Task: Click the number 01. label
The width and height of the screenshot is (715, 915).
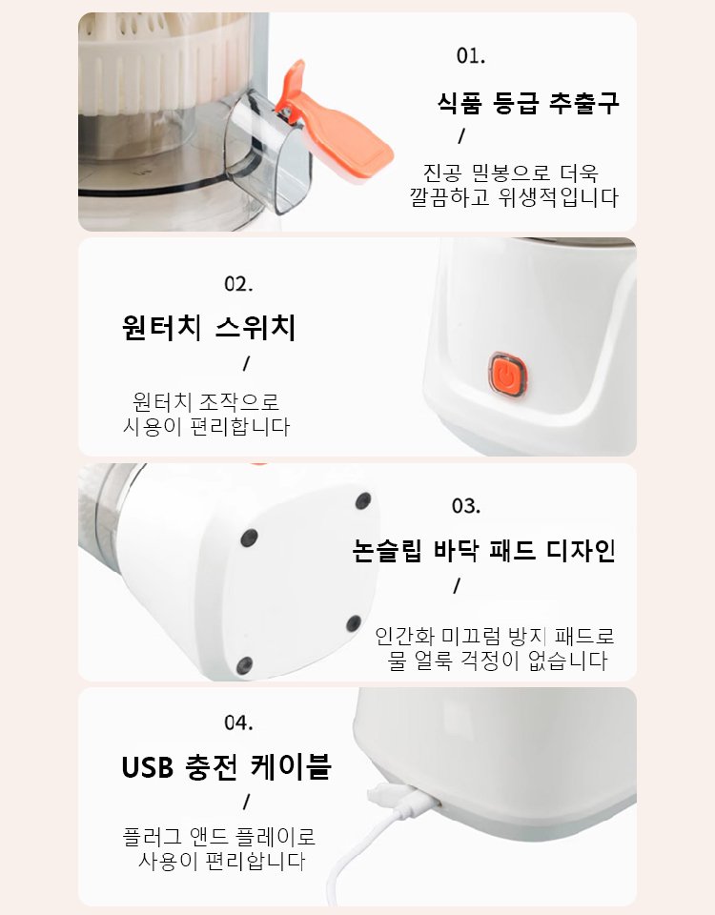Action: coord(471,55)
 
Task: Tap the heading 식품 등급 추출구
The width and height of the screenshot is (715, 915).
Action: coord(528,103)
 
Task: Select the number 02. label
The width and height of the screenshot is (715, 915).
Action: coord(238,284)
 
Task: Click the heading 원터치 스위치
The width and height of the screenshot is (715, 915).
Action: coord(209,329)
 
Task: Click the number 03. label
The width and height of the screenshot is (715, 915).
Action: coord(466,505)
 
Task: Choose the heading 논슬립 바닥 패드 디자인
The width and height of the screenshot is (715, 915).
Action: coord(483,551)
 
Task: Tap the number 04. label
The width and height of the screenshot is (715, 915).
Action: coord(238,722)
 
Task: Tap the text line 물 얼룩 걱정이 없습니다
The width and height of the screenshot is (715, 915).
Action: coord(498,661)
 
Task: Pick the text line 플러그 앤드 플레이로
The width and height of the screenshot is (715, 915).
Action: coord(219,838)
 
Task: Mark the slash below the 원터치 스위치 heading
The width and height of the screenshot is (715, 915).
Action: coord(246,363)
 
